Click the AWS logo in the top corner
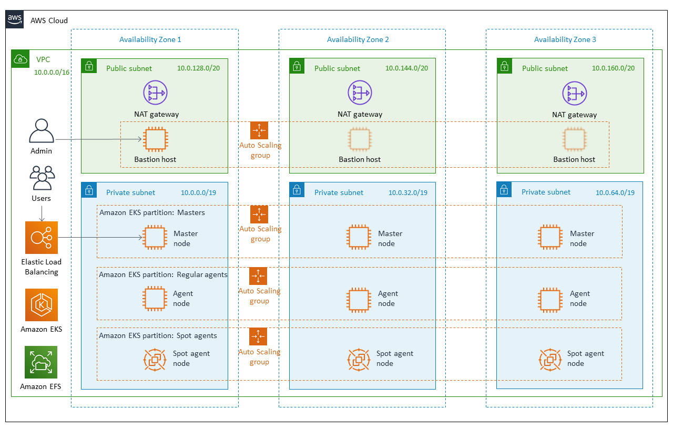(15, 20)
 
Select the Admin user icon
(42, 131)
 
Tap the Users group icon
(42, 178)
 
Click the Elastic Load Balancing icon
(42, 238)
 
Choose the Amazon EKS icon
(42, 305)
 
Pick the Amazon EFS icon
(42, 362)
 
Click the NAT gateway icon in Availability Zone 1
(155, 93)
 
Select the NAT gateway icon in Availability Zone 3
(574, 93)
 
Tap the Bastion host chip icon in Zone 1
(155, 139)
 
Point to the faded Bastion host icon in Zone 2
(359, 139)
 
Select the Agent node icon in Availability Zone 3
(550, 299)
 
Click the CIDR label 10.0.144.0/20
(406, 68)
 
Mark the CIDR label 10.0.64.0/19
(615, 192)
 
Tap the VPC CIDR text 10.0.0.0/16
(52, 73)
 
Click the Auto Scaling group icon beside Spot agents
(259, 336)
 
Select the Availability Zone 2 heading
(358, 39)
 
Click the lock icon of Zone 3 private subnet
(504, 190)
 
